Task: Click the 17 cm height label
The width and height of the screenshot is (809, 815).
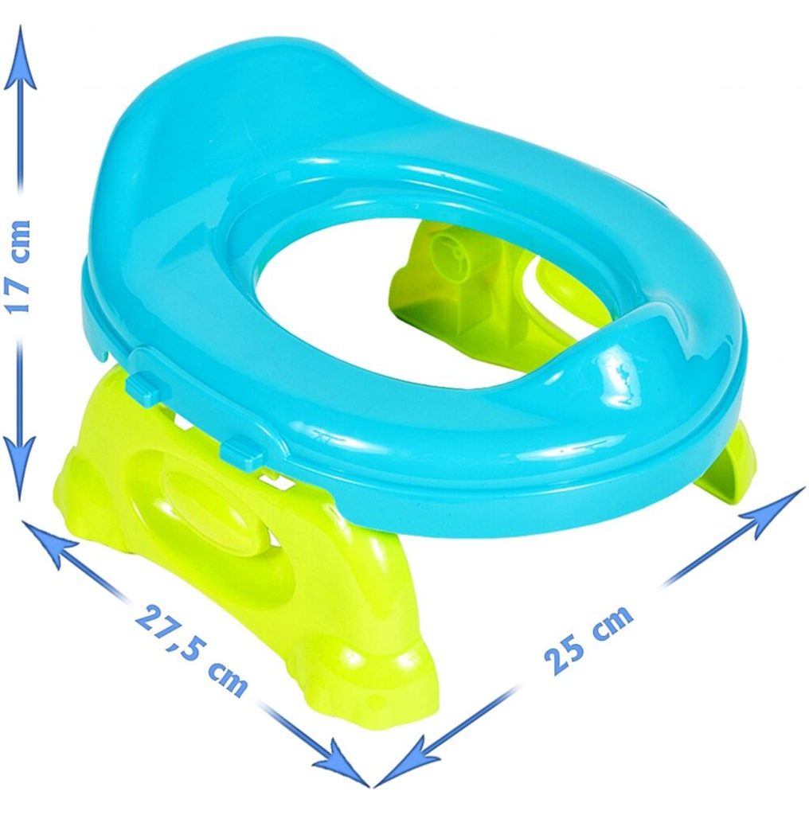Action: [x=19, y=266]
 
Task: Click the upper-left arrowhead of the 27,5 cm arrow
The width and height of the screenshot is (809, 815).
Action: [x=49, y=544]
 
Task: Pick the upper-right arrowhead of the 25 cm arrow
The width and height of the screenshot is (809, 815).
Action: [x=774, y=511]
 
